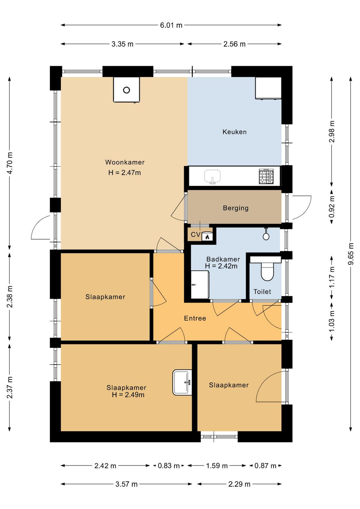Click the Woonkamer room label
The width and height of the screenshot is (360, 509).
[x=125, y=162]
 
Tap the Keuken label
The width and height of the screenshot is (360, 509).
[x=234, y=132]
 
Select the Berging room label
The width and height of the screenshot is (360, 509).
[x=236, y=208]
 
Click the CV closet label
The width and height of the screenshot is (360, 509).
[x=196, y=234]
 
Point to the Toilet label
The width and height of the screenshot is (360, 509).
[x=262, y=291]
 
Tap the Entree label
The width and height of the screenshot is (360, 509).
[x=195, y=318]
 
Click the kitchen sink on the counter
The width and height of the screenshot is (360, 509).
[x=212, y=177]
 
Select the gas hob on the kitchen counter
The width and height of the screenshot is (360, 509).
[x=266, y=176]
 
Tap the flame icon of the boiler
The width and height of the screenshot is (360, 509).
[x=207, y=237]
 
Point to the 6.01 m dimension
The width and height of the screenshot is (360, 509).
[x=171, y=25]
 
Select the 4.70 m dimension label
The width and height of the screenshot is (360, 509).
[x=10, y=163]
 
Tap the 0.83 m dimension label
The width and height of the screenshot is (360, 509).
[x=169, y=466]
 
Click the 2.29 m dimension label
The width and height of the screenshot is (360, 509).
[x=239, y=484]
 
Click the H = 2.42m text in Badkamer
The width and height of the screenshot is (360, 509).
[x=221, y=266]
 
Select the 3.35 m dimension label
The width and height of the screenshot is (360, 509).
[x=122, y=44]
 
